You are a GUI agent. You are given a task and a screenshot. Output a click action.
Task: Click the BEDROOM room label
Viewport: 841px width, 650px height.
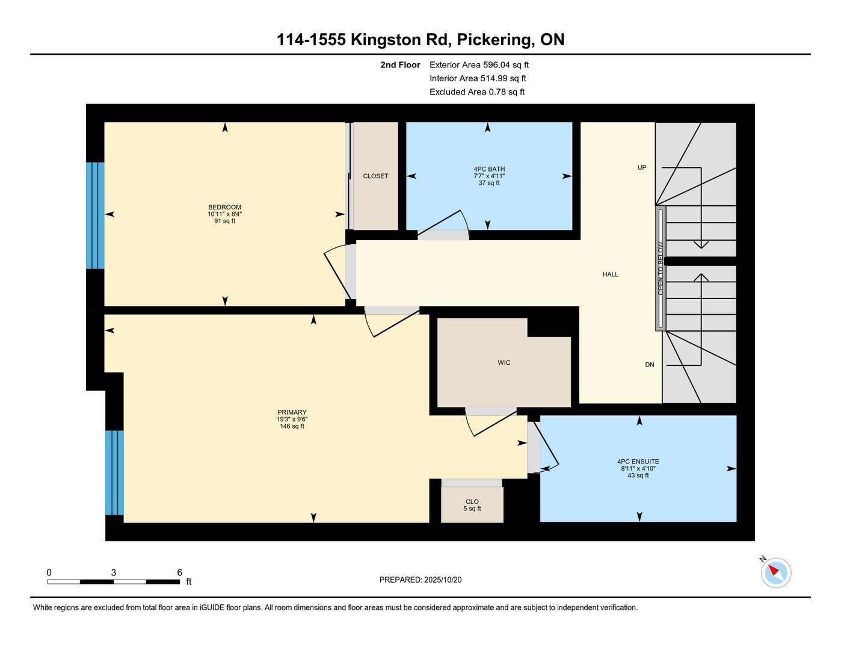click(x=224, y=207)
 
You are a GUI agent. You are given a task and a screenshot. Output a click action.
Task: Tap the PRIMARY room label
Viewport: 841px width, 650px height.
click(x=292, y=412)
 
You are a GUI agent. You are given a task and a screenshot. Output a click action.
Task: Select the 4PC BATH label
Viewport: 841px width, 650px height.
click(x=489, y=169)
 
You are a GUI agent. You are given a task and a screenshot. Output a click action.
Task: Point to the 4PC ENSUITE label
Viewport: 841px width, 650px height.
click(x=638, y=462)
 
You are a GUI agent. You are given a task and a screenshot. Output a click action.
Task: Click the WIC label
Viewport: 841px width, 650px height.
click(x=504, y=363)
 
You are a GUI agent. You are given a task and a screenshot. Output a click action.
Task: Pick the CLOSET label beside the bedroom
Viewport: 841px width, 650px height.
click(x=375, y=176)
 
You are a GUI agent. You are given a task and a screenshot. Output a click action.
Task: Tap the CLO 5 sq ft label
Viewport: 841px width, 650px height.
click(x=472, y=505)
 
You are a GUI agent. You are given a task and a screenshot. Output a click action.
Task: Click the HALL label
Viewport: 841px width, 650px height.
click(x=611, y=274)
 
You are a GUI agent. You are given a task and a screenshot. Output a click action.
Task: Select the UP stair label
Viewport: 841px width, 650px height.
click(x=642, y=168)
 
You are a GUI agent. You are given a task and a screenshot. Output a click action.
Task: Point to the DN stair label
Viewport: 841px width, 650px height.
click(x=650, y=365)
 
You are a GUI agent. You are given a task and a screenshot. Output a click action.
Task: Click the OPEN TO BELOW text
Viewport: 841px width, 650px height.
click(x=661, y=268)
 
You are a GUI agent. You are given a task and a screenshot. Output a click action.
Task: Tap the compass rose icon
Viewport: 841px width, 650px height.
click(x=775, y=573)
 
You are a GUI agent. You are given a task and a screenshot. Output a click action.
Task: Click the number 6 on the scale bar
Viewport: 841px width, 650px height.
click(x=180, y=572)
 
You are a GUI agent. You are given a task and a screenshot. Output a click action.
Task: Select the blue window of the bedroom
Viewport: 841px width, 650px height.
click(x=95, y=215)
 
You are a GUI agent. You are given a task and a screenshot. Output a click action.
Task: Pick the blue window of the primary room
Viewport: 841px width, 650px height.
click(x=114, y=472)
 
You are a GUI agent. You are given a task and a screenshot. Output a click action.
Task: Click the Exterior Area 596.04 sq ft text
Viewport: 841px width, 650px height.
click(x=479, y=65)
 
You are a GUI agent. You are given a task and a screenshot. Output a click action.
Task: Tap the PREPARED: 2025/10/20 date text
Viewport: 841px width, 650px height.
click(x=420, y=580)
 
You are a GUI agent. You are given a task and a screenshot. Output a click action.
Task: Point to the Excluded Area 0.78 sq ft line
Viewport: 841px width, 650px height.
click(x=477, y=92)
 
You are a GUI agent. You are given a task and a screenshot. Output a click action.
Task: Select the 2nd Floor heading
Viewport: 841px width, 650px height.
click(x=400, y=65)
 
